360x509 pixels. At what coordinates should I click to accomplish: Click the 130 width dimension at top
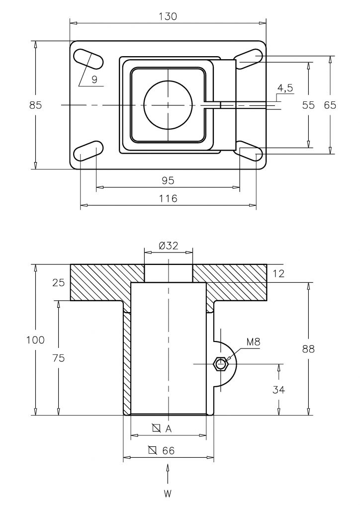(x=168, y=16)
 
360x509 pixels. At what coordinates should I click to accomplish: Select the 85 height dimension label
(x=36, y=105)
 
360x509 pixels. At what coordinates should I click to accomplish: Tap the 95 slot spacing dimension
(x=168, y=180)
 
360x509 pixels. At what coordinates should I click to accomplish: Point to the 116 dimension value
(x=168, y=198)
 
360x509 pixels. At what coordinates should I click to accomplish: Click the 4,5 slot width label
(x=285, y=88)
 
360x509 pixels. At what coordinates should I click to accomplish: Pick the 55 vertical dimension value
(x=308, y=105)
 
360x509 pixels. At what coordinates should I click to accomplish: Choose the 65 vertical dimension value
(x=330, y=105)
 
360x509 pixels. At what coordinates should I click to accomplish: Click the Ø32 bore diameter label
(x=169, y=246)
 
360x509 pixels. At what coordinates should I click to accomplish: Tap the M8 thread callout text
(x=253, y=342)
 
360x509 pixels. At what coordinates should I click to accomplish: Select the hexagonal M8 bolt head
(x=221, y=364)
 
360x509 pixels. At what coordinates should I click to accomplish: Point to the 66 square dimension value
(x=168, y=450)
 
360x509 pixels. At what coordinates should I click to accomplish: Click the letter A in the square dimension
(x=168, y=429)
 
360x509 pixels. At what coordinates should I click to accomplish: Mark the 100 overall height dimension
(x=35, y=340)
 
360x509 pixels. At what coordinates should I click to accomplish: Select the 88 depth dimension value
(x=308, y=349)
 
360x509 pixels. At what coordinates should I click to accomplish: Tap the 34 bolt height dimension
(x=279, y=390)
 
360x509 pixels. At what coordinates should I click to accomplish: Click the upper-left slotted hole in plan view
(x=89, y=59)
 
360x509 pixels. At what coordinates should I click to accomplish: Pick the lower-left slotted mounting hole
(x=89, y=151)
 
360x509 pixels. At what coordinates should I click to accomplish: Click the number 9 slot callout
(x=94, y=80)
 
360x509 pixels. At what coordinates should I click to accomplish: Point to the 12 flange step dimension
(x=278, y=274)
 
